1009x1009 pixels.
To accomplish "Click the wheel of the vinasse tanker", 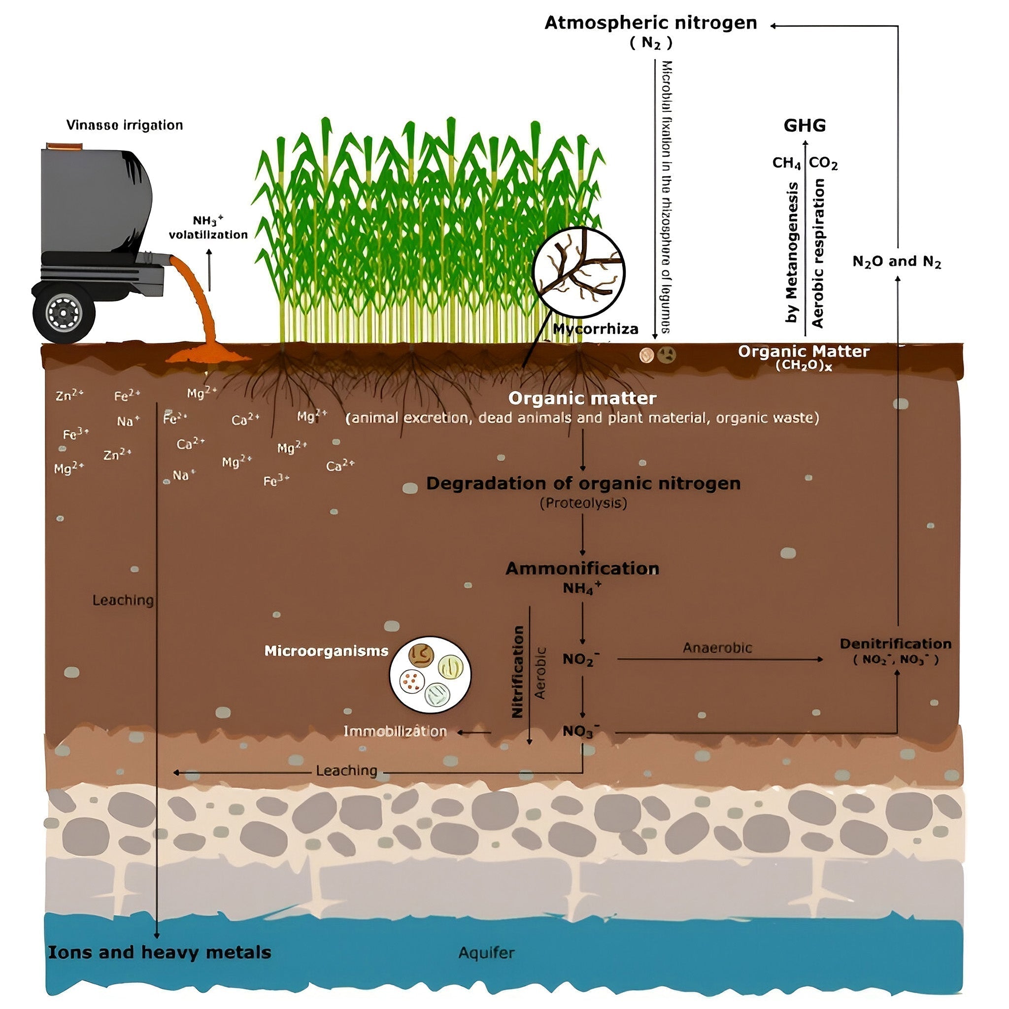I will tap(64, 313).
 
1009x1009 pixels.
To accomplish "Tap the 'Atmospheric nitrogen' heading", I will tap(651, 23).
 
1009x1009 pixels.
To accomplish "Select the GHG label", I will tap(804, 125).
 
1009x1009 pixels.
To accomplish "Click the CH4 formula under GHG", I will tap(786, 164).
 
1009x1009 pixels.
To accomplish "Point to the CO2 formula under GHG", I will tap(823, 164).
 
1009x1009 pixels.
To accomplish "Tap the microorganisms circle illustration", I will tap(430, 674).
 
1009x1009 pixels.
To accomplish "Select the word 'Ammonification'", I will tap(582, 568).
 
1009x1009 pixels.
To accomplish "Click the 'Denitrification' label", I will tap(895, 643).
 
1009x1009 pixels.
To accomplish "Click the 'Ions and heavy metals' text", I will tap(159, 952).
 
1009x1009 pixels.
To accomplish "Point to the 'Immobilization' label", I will tap(395, 731).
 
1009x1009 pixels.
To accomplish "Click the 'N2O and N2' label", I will tap(896, 261).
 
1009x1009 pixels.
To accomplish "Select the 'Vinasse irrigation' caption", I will tap(124, 125).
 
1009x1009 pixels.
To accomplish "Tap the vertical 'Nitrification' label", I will tap(518, 672).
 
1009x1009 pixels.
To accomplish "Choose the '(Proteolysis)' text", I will tap(583, 503).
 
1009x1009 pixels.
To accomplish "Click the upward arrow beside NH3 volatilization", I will tap(209, 269).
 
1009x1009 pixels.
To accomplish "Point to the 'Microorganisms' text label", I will tap(326, 651).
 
